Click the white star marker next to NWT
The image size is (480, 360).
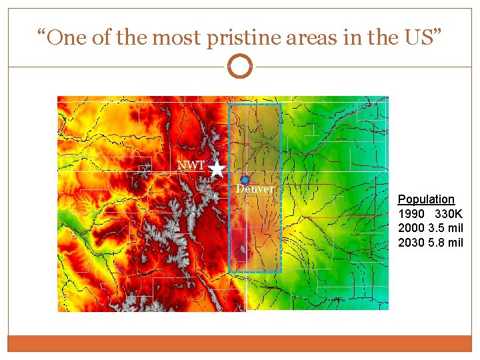click(x=217, y=169)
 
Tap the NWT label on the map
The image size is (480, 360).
click(x=191, y=165)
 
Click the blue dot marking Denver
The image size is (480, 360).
click(x=245, y=180)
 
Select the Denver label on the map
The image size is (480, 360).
click(x=255, y=189)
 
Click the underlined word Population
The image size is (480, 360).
click(x=426, y=199)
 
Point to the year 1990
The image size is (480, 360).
click(x=410, y=214)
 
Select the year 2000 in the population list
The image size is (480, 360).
click(x=410, y=228)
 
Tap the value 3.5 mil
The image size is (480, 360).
click(x=445, y=228)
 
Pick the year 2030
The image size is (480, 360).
click(x=410, y=243)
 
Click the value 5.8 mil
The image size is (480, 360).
click(x=445, y=243)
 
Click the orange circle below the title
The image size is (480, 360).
click(x=240, y=66)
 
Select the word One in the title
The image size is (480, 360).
click(x=66, y=37)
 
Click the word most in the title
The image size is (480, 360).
click(x=177, y=37)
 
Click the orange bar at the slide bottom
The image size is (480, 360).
click(x=240, y=343)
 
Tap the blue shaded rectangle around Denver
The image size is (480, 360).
click(x=255, y=227)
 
